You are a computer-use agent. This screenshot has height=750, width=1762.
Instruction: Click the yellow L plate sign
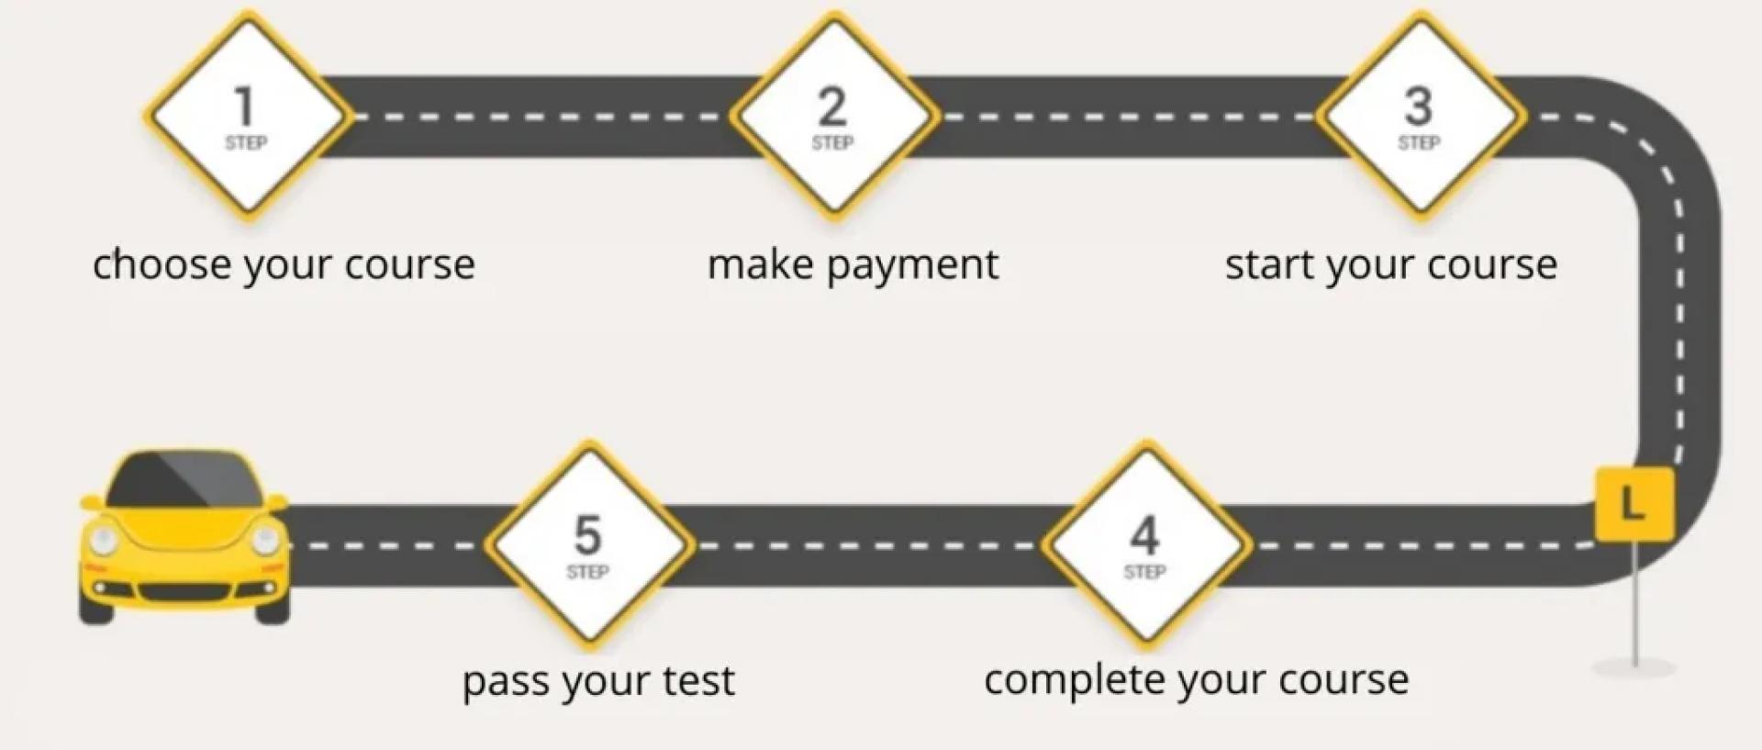pyautogui.click(x=1634, y=504)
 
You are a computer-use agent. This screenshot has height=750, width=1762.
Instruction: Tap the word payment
pyautogui.click(x=912, y=266)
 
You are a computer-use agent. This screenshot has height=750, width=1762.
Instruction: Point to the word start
pyautogui.click(x=1270, y=264)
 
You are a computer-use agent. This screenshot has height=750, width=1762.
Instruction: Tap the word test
pyautogui.click(x=701, y=681)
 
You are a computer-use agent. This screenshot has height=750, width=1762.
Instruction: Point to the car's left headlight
pyautogui.click(x=103, y=540)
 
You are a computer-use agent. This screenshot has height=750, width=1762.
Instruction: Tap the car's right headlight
pyautogui.click(x=265, y=540)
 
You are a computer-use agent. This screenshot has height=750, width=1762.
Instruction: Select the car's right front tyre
pyautogui.click(x=273, y=610)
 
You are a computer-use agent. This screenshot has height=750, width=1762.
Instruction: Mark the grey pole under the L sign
pyautogui.click(x=1634, y=606)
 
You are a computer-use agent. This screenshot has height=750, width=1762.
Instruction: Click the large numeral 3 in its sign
pyautogui.click(x=1419, y=106)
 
